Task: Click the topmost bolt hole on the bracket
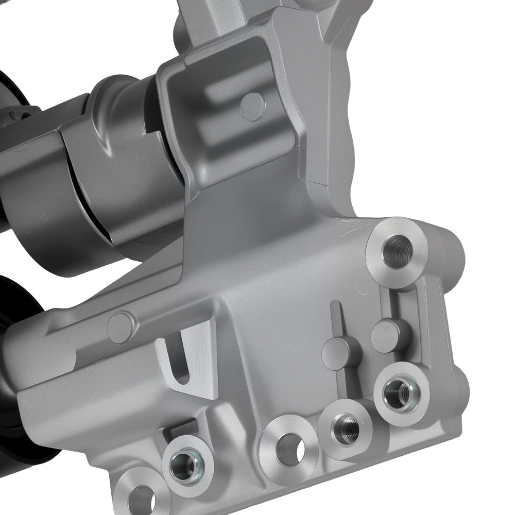399,251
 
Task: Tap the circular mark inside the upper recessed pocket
252,107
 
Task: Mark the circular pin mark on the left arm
121,327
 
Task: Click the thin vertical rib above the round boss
336,319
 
